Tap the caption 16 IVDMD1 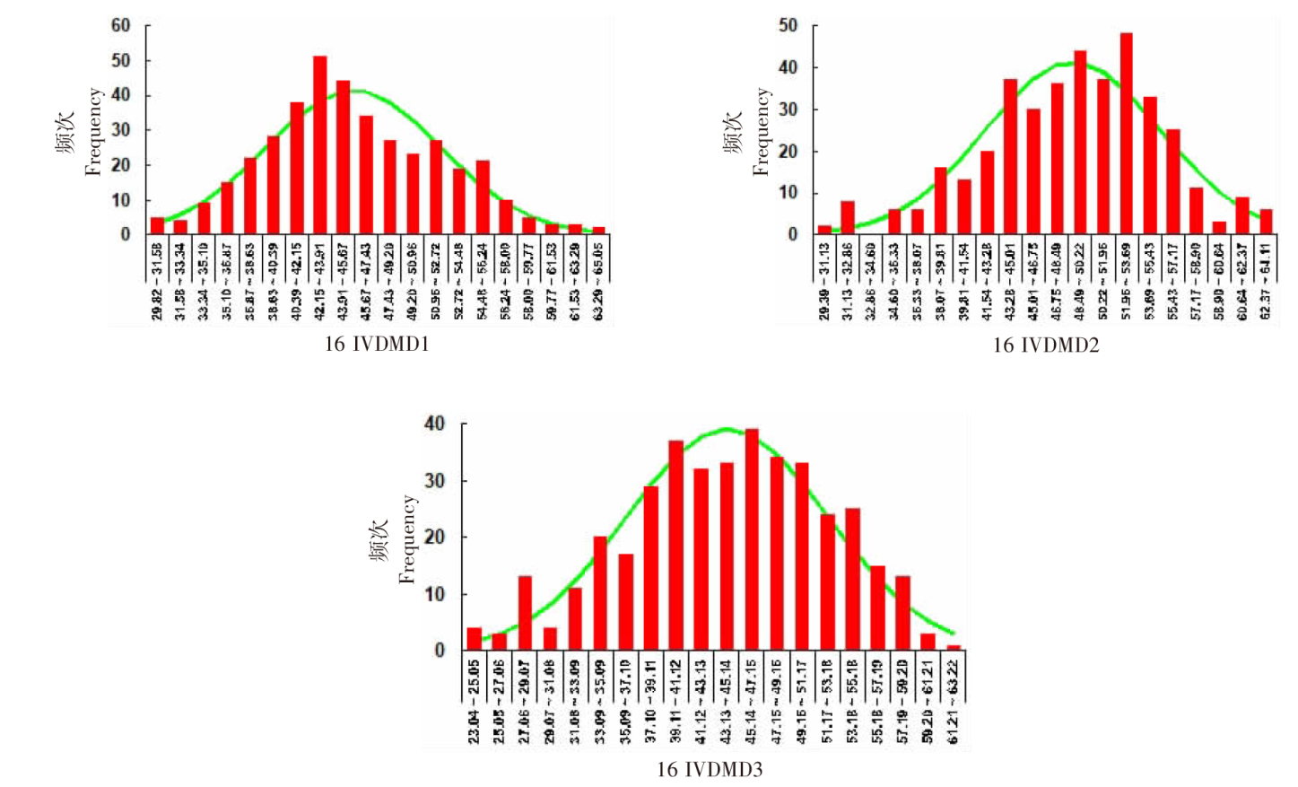[x=377, y=345]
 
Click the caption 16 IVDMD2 [x=1045, y=345]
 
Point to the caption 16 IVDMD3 [x=710, y=769]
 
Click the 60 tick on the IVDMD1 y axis [x=120, y=26]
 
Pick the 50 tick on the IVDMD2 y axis [x=788, y=26]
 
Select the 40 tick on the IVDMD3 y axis [x=435, y=424]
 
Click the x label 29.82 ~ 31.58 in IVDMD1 [x=158, y=281]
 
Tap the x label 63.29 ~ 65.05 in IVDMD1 [x=598, y=281]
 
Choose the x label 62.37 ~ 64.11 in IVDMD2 [x=1266, y=281]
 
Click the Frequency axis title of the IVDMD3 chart [x=408, y=539]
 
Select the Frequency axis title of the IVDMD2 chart [x=762, y=131]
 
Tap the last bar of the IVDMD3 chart [x=954, y=647]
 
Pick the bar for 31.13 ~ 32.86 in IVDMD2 [x=848, y=218]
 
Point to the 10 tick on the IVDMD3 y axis [x=435, y=594]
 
